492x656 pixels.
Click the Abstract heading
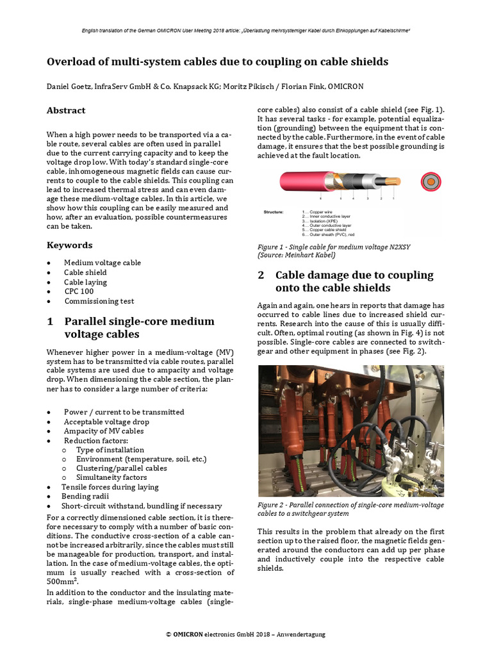pyautogui.click(x=65, y=111)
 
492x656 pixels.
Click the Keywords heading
pyautogui.click(x=69, y=245)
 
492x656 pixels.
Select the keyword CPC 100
pyautogui.click(x=79, y=291)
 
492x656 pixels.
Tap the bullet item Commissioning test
pyautogui.click(x=99, y=301)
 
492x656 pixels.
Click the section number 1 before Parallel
pyautogui.click(x=50, y=322)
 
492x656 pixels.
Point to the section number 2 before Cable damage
pyautogui.click(x=261, y=275)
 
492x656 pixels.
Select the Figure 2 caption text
pyautogui.click(x=350, y=509)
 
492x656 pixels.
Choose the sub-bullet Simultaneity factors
pyautogui.click(x=111, y=477)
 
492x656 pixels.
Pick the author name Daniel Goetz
pyautogui.click(x=72, y=86)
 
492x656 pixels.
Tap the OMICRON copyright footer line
pyautogui.click(x=245, y=634)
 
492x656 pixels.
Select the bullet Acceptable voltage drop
pyautogui.click(x=106, y=422)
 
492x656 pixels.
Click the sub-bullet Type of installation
pyautogui.click(x=110, y=450)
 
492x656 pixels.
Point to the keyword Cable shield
pyautogui.click(x=85, y=272)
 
